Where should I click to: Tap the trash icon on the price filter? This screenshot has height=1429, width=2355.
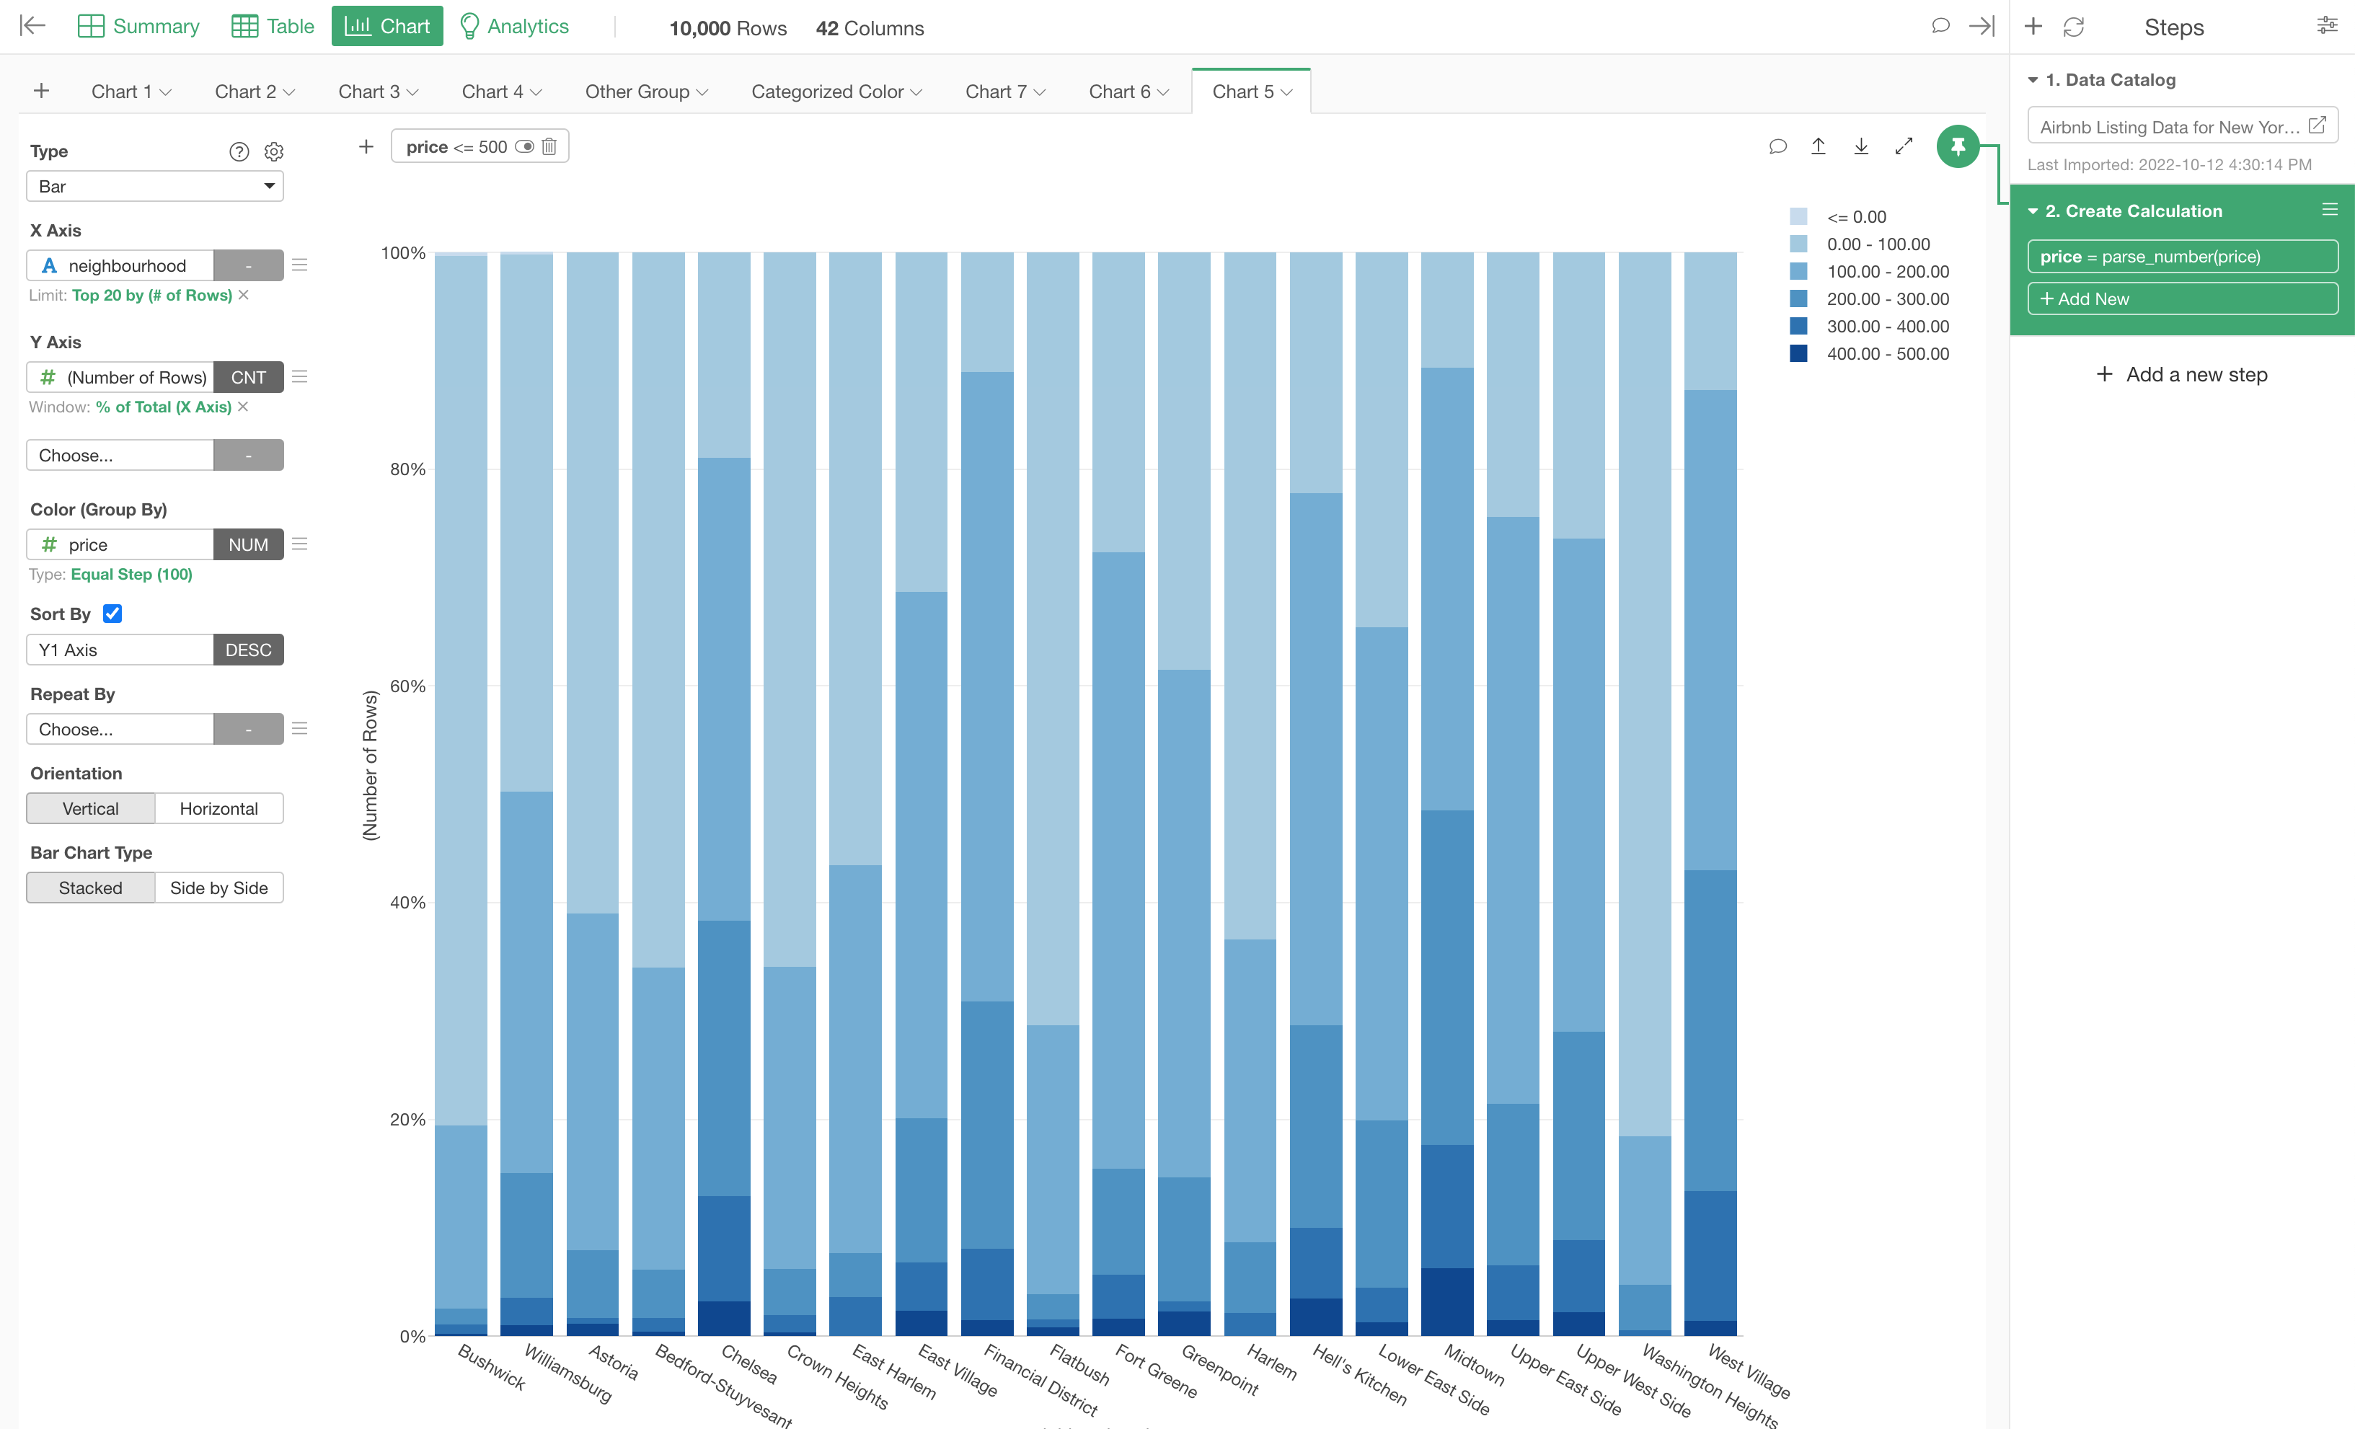point(549,146)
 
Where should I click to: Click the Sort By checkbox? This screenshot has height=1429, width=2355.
point(112,614)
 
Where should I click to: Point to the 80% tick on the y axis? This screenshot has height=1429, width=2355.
point(407,469)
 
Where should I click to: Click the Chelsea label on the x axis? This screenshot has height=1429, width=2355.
point(749,1364)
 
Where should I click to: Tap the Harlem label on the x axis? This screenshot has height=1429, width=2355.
point(1272,1361)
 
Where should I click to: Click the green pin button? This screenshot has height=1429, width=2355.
point(1956,146)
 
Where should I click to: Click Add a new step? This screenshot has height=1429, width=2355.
point(2182,375)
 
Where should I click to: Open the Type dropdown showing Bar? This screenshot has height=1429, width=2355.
point(155,187)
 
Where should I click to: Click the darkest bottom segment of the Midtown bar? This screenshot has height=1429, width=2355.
point(1447,1302)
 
